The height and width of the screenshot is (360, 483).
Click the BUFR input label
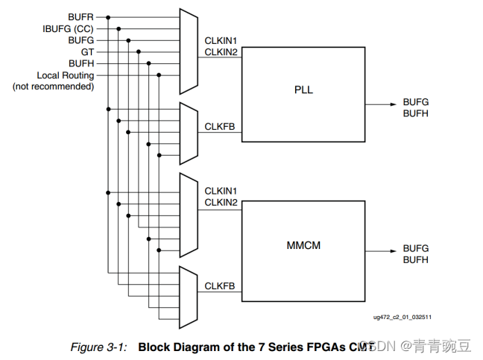(x=80, y=16)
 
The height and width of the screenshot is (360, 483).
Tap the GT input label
(x=88, y=52)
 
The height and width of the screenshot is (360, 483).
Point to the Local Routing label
(x=66, y=75)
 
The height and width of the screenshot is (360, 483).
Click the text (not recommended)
(x=53, y=86)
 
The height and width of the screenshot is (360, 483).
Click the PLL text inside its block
(x=303, y=90)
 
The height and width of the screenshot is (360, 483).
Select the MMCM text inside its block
(x=303, y=245)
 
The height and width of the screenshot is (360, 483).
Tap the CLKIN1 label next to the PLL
(x=221, y=40)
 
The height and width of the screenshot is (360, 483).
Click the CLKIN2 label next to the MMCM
(x=221, y=203)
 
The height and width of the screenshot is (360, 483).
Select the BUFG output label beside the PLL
(x=416, y=101)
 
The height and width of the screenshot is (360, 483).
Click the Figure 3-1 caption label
(x=98, y=347)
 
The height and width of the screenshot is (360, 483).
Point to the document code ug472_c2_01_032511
(x=402, y=316)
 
